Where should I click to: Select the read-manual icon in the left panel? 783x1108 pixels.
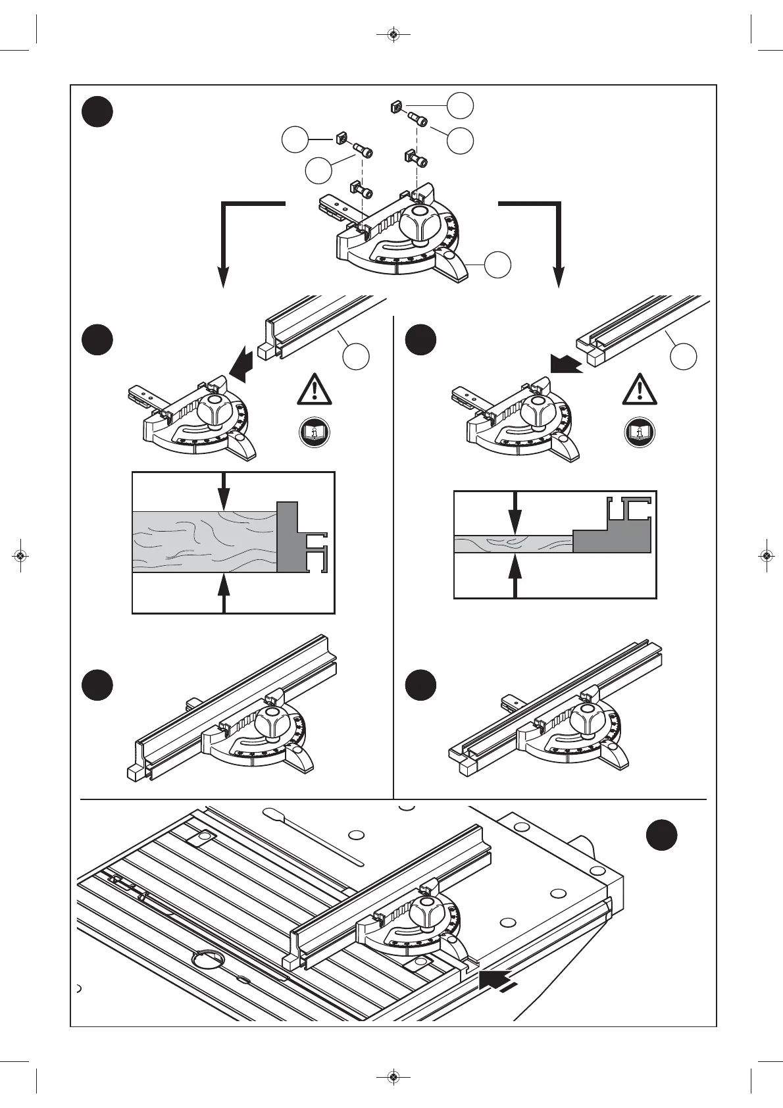tap(314, 433)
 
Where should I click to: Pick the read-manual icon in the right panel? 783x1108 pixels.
tap(639, 433)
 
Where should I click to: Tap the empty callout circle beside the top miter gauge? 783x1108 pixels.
tap(497, 264)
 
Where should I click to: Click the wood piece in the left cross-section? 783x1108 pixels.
tap(204, 541)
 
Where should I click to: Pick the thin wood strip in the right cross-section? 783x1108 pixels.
tap(513, 544)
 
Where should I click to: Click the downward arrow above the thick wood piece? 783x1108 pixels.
tap(224, 492)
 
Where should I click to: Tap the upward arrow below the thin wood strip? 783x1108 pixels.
tap(515, 575)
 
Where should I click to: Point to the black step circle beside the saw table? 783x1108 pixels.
tap(661, 834)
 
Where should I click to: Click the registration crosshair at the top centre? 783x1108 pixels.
tap(393, 34)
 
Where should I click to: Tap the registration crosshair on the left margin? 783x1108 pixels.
tap(20, 556)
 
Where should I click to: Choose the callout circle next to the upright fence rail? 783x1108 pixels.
tap(356, 356)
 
